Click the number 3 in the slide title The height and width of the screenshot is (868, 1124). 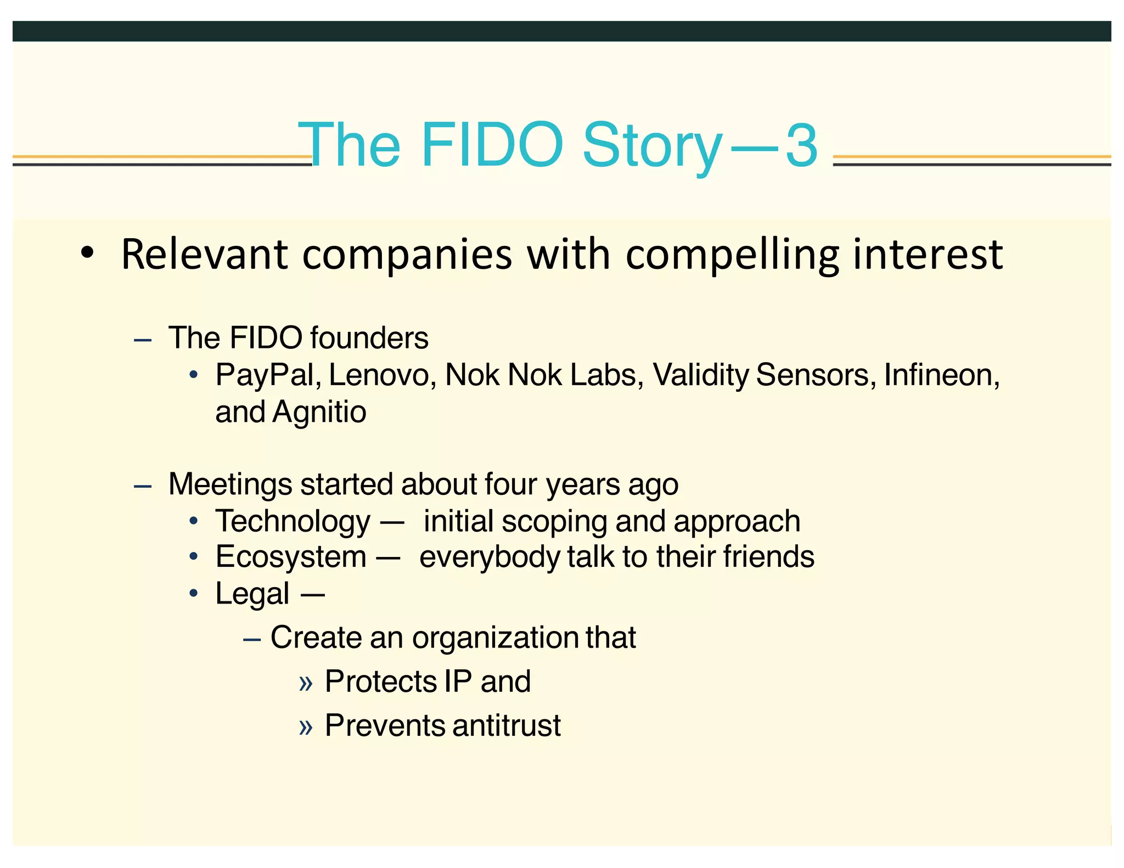pos(802,145)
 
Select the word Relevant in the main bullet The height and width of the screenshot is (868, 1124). pos(204,255)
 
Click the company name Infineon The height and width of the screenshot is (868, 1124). pos(941,376)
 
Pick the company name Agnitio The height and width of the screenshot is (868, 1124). pos(319,412)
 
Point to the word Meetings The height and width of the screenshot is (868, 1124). pos(230,485)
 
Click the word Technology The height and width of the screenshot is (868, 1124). pos(293,522)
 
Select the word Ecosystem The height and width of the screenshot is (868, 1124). pos(290,557)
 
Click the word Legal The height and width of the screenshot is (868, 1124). pos(252,594)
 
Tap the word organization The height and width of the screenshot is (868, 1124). pos(495,638)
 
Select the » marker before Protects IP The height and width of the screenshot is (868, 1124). pos(306,683)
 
